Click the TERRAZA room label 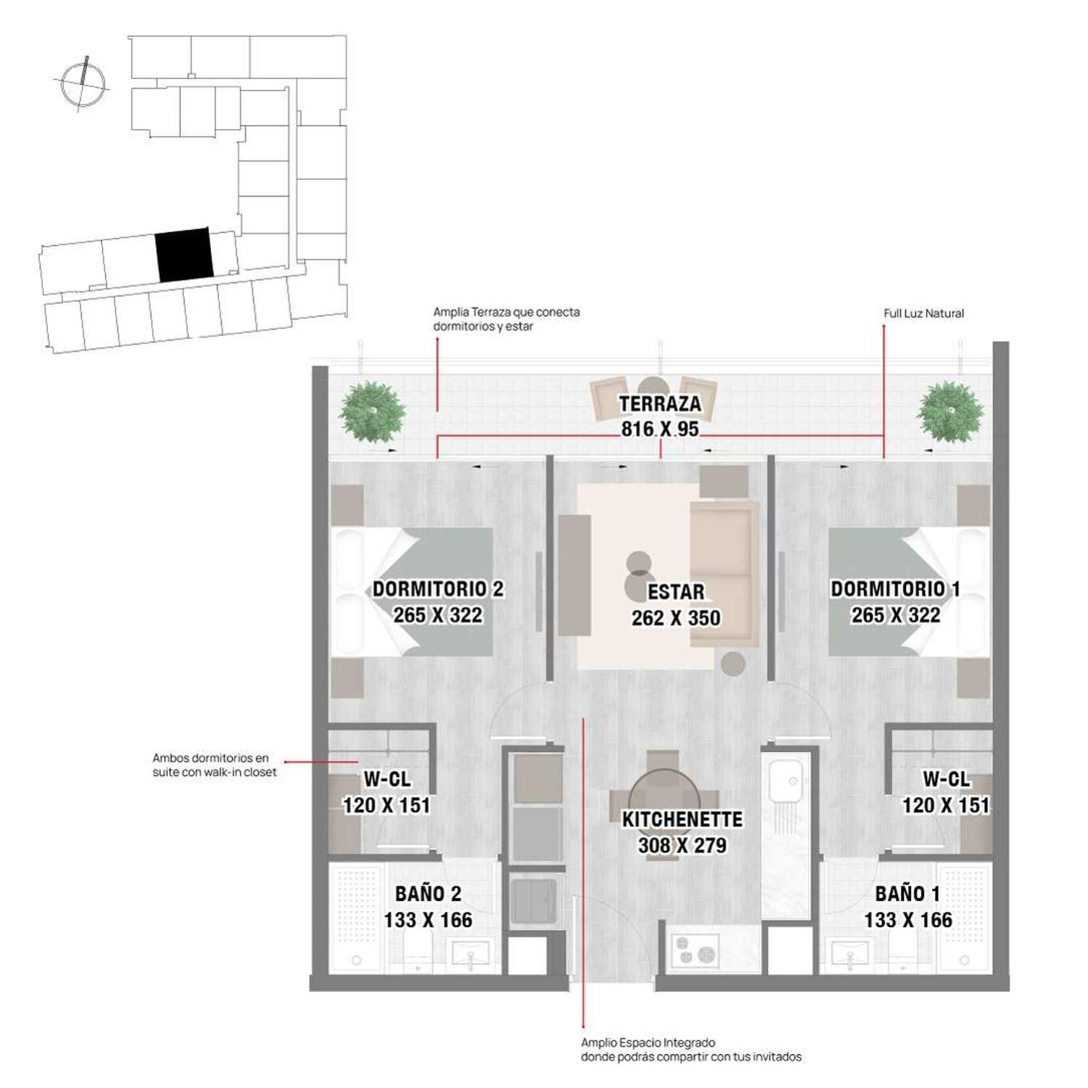[660, 404]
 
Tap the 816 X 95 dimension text [660, 429]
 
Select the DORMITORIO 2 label [438, 589]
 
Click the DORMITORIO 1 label [896, 589]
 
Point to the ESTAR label [676, 592]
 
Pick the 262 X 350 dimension [676, 618]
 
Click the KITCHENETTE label [683, 819]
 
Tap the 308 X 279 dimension [683, 845]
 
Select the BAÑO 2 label [428, 894]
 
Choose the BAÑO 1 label [907, 894]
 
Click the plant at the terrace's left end [372, 412]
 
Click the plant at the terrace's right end [950, 412]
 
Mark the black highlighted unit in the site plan [184, 255]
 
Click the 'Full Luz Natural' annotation [923, 313]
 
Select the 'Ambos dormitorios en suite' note [215, 765]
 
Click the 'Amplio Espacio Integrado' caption [691, 1050]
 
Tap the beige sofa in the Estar [724, 574]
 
